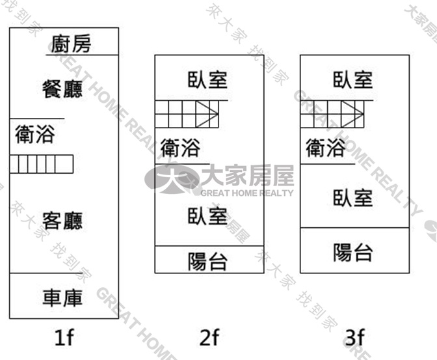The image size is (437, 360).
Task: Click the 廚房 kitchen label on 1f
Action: click(72, 44)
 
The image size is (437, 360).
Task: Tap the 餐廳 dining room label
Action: click(62, 89)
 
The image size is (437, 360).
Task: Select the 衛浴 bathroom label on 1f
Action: click(35, 134)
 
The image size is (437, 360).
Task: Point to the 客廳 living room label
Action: click(62, 221)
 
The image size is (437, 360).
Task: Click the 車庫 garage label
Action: click(62, 298)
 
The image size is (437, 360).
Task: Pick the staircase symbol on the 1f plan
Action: click(42, 164)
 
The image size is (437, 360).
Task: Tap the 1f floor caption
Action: click(64, 337)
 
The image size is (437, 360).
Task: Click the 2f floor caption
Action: click(209, 337)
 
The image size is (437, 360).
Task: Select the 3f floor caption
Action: click(355, 337)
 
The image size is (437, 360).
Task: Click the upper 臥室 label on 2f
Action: click(207, 80)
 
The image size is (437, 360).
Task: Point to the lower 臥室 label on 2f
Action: click(207, 216)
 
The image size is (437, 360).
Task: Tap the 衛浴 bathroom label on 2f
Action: click(180, 148)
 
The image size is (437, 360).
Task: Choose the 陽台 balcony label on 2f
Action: click(207, 262)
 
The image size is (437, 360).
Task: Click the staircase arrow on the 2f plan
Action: click(207, 114)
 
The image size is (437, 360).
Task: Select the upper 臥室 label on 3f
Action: click(353, 80)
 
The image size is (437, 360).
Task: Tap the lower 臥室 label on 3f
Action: click(353, 198)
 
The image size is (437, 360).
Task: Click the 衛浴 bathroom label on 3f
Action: click(326, 148)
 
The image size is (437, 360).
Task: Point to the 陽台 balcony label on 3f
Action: click(353, 253)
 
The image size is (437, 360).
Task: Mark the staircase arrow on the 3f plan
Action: click(352, 114)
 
